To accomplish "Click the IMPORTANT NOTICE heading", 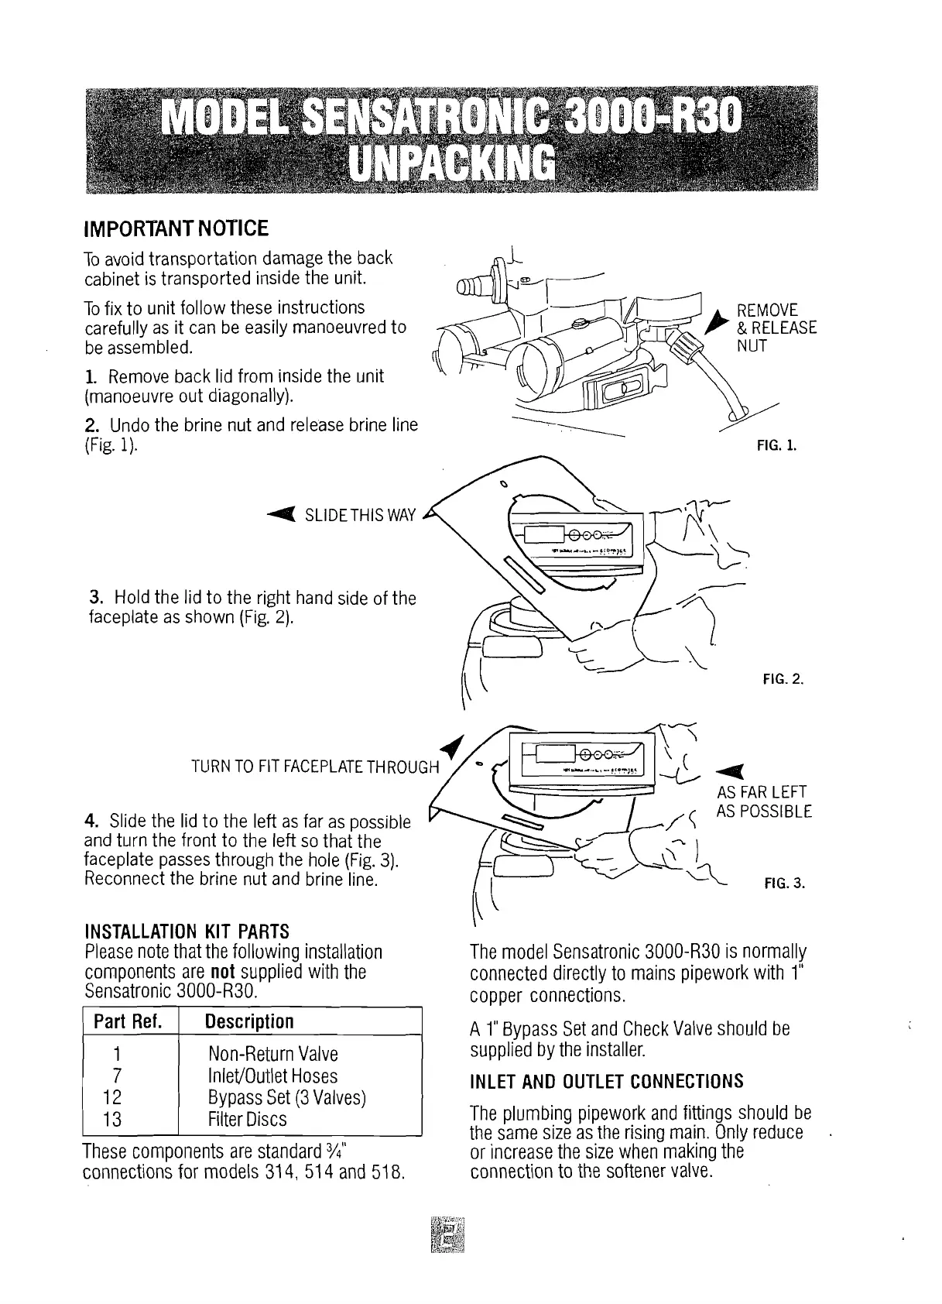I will (176, 229).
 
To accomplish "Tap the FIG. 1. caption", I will (779, 447).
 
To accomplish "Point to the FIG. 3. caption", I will (785, 884).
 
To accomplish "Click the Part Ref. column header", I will (128, 1022).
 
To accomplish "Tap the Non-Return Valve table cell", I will (273, 1054).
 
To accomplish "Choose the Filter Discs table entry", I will (248, 1120).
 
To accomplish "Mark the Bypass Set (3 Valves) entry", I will (286, 1098).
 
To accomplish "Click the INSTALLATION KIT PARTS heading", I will (186, 931).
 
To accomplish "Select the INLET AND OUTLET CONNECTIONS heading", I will (607, 1081).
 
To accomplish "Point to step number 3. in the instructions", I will (97, 598).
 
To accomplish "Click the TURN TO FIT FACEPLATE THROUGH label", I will (315, 767).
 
